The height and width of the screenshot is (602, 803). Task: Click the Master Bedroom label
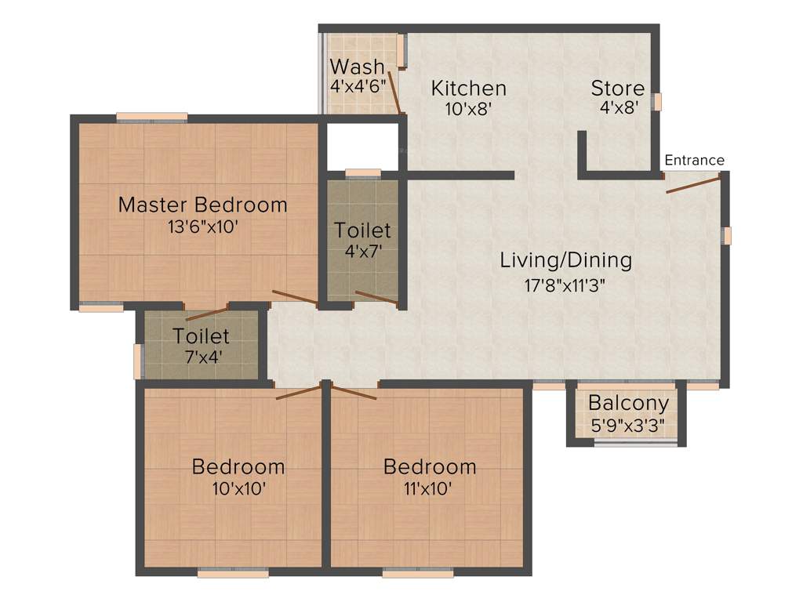point(202,205)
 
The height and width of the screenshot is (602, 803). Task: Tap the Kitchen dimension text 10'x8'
point(468,110)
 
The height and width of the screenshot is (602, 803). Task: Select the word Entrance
point(694,161)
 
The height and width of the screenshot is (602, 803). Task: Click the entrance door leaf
point(693,185)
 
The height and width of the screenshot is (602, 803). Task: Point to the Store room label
point(618,89)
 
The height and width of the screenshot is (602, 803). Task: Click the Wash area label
point(358,66)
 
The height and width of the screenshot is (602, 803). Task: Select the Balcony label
point(628,404)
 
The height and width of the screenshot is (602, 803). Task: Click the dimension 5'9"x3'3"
point(628,428)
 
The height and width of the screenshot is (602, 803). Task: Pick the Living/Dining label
point(566,260)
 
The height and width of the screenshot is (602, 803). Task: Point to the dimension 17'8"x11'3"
point(566,284)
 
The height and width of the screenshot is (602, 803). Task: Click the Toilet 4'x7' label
point(362,230)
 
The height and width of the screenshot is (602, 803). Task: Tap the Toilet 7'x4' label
point(202,336)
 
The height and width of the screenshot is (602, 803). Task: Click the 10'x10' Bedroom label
point(238,466)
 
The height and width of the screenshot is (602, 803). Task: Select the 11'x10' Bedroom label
point(430,466)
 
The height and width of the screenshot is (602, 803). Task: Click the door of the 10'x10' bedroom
point(299,392)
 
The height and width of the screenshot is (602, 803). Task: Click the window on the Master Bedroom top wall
point(152,118)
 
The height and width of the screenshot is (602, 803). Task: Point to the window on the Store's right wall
point(658,102)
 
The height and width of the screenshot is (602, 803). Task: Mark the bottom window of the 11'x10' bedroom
point(418,573)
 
